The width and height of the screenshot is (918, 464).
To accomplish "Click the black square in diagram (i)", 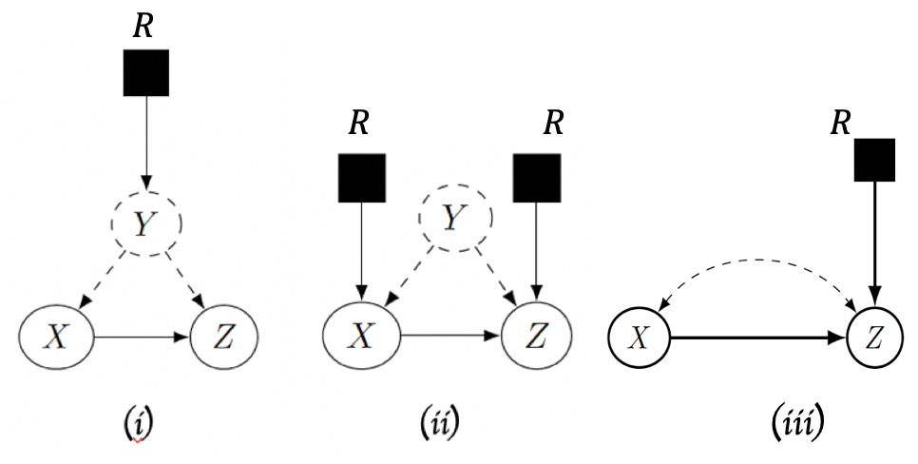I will [x=146, y=73].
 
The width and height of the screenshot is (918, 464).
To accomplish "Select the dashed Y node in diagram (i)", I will [x=145, y=223].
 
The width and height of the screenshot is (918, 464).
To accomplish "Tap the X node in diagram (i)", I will [x=57, y=337].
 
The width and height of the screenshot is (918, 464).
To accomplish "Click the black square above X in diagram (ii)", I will [x=361, y=178].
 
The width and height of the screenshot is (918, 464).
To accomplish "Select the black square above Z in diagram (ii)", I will [x=537, y=178].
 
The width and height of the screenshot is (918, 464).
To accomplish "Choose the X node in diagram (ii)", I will [x=361, y=337].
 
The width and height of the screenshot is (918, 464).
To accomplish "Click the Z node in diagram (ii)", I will [x=537, y=337].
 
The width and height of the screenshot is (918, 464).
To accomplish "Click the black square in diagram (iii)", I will [x=873, y=159].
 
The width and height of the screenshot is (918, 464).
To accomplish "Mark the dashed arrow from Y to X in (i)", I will [x=103, y=280].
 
